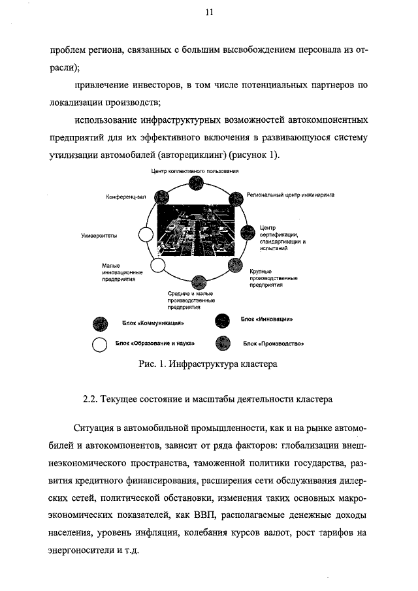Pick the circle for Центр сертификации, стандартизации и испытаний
pos(248,233)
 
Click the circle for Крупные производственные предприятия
pos(236,266)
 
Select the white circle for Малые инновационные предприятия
pos(157,265)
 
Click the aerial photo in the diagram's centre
pos(197,232)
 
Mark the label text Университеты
pos(99,236)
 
